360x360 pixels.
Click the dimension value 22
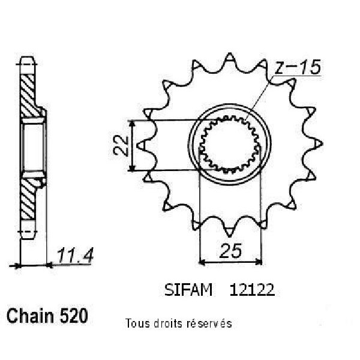[121, 146]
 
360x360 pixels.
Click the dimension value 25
[230, 250]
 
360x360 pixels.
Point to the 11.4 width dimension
[75, 256]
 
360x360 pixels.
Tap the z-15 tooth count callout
[298, 67]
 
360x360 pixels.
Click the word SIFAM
[188, 290]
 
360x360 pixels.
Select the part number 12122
[252, 290]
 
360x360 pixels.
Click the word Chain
[30, 316]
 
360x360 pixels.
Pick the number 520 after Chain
[73, 316]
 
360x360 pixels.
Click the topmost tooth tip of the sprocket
[229, 54]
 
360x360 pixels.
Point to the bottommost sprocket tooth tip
[229, 236]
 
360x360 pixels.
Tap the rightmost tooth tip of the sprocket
[322, 144]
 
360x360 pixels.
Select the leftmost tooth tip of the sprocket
[137, 145]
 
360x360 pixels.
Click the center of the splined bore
[229, 145]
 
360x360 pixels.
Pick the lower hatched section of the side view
[28, 199]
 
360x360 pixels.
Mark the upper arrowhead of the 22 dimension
[131, 124]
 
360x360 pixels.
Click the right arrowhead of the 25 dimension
[259, 261]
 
